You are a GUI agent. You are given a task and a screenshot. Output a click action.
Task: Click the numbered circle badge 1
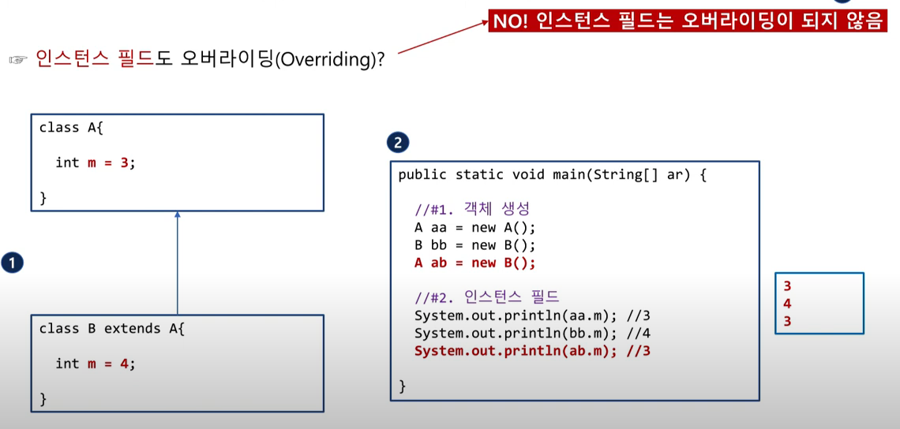pos(12,263)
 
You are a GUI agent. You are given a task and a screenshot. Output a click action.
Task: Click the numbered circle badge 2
pos(397,143)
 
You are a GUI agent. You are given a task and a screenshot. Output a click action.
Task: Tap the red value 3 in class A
pos(124,162)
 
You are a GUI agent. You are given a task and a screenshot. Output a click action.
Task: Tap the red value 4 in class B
pos(124,364)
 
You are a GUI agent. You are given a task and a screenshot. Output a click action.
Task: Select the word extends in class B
pos(133,328)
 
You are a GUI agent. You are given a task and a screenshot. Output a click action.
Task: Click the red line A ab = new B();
pos(474,263)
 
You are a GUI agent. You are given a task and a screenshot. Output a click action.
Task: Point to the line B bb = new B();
pos(474,245)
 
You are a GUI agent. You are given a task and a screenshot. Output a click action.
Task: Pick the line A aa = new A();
pos(474,228)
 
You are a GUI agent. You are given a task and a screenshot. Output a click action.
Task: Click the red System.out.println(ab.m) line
pos(532,351)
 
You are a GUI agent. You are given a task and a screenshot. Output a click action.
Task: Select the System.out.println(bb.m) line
pos(532,334)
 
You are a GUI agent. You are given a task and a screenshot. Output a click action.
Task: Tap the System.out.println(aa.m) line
pos(532,316)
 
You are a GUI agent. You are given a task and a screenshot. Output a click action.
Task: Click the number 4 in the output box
pos(787,304)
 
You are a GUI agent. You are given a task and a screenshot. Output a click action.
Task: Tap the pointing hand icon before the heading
pos(18,60)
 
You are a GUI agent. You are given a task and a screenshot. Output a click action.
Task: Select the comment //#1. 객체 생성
pos(472,210)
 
